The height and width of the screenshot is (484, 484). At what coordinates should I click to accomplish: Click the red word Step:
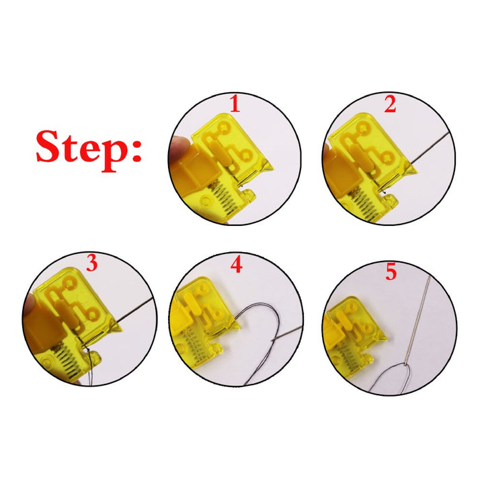[x=89, y=151]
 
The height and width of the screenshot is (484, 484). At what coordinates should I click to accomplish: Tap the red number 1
[x=235, y=104]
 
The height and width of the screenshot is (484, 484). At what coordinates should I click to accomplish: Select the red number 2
[x=390, y=104]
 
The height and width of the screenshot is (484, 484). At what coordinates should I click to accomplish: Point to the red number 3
[x=91, y=263]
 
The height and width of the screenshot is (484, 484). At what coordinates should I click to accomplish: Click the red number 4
[x=236, y=265]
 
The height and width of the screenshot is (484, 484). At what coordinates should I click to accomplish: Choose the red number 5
[x=391, y=272]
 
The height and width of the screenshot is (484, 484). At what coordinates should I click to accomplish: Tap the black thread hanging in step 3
[x=90, y=367]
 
